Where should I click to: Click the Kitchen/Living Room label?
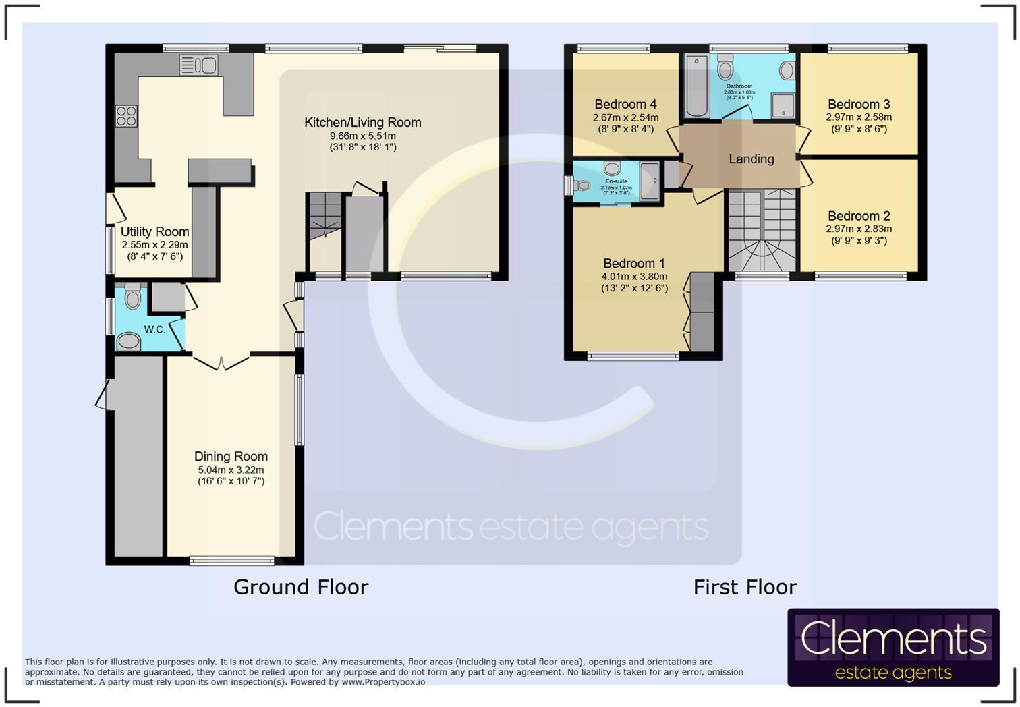coord(362,122)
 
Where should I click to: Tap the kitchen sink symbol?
coord(198,65)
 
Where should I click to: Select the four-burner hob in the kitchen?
coord(126,116)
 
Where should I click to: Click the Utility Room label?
coord(154,231)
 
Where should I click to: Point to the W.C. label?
coord(154,329)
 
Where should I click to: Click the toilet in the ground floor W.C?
coord(133,296)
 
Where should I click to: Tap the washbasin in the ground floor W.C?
coord(129,341)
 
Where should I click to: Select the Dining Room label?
coord(231,457)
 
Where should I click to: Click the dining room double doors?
coord(221,362)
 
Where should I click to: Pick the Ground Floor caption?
coord(301,587)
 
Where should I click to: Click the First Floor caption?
coord(745,587)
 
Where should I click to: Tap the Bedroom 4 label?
coord(625,104)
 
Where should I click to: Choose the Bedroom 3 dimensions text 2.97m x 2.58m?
coord(859,117)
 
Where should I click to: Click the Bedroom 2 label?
coord(859,216)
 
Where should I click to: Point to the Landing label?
coord(751,159)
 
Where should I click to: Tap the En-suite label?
coord(616,181)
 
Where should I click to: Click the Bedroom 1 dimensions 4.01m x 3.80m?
coord(634,277)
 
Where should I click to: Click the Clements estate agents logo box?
coord(893,647)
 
